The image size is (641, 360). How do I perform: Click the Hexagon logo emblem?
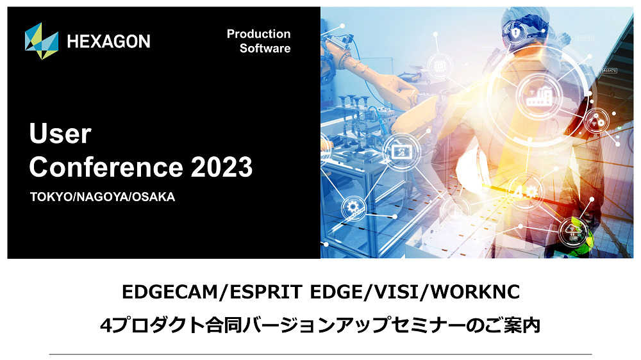[x=41, y=41]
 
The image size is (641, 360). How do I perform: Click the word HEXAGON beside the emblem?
[x=109, y=41]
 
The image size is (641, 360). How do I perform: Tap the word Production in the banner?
[x=259, y=34]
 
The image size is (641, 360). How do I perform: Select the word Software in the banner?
[x=265, y=48]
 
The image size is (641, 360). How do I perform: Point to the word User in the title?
[x=60, y=133]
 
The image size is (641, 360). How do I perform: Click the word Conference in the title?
[x=106, y=167]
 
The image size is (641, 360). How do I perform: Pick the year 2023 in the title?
[x=222, y=167]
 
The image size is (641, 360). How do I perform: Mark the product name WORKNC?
[x=476, y=292]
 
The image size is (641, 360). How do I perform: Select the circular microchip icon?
[x=440, y=66]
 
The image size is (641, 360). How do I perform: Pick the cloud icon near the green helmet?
[x=572, y=232]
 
